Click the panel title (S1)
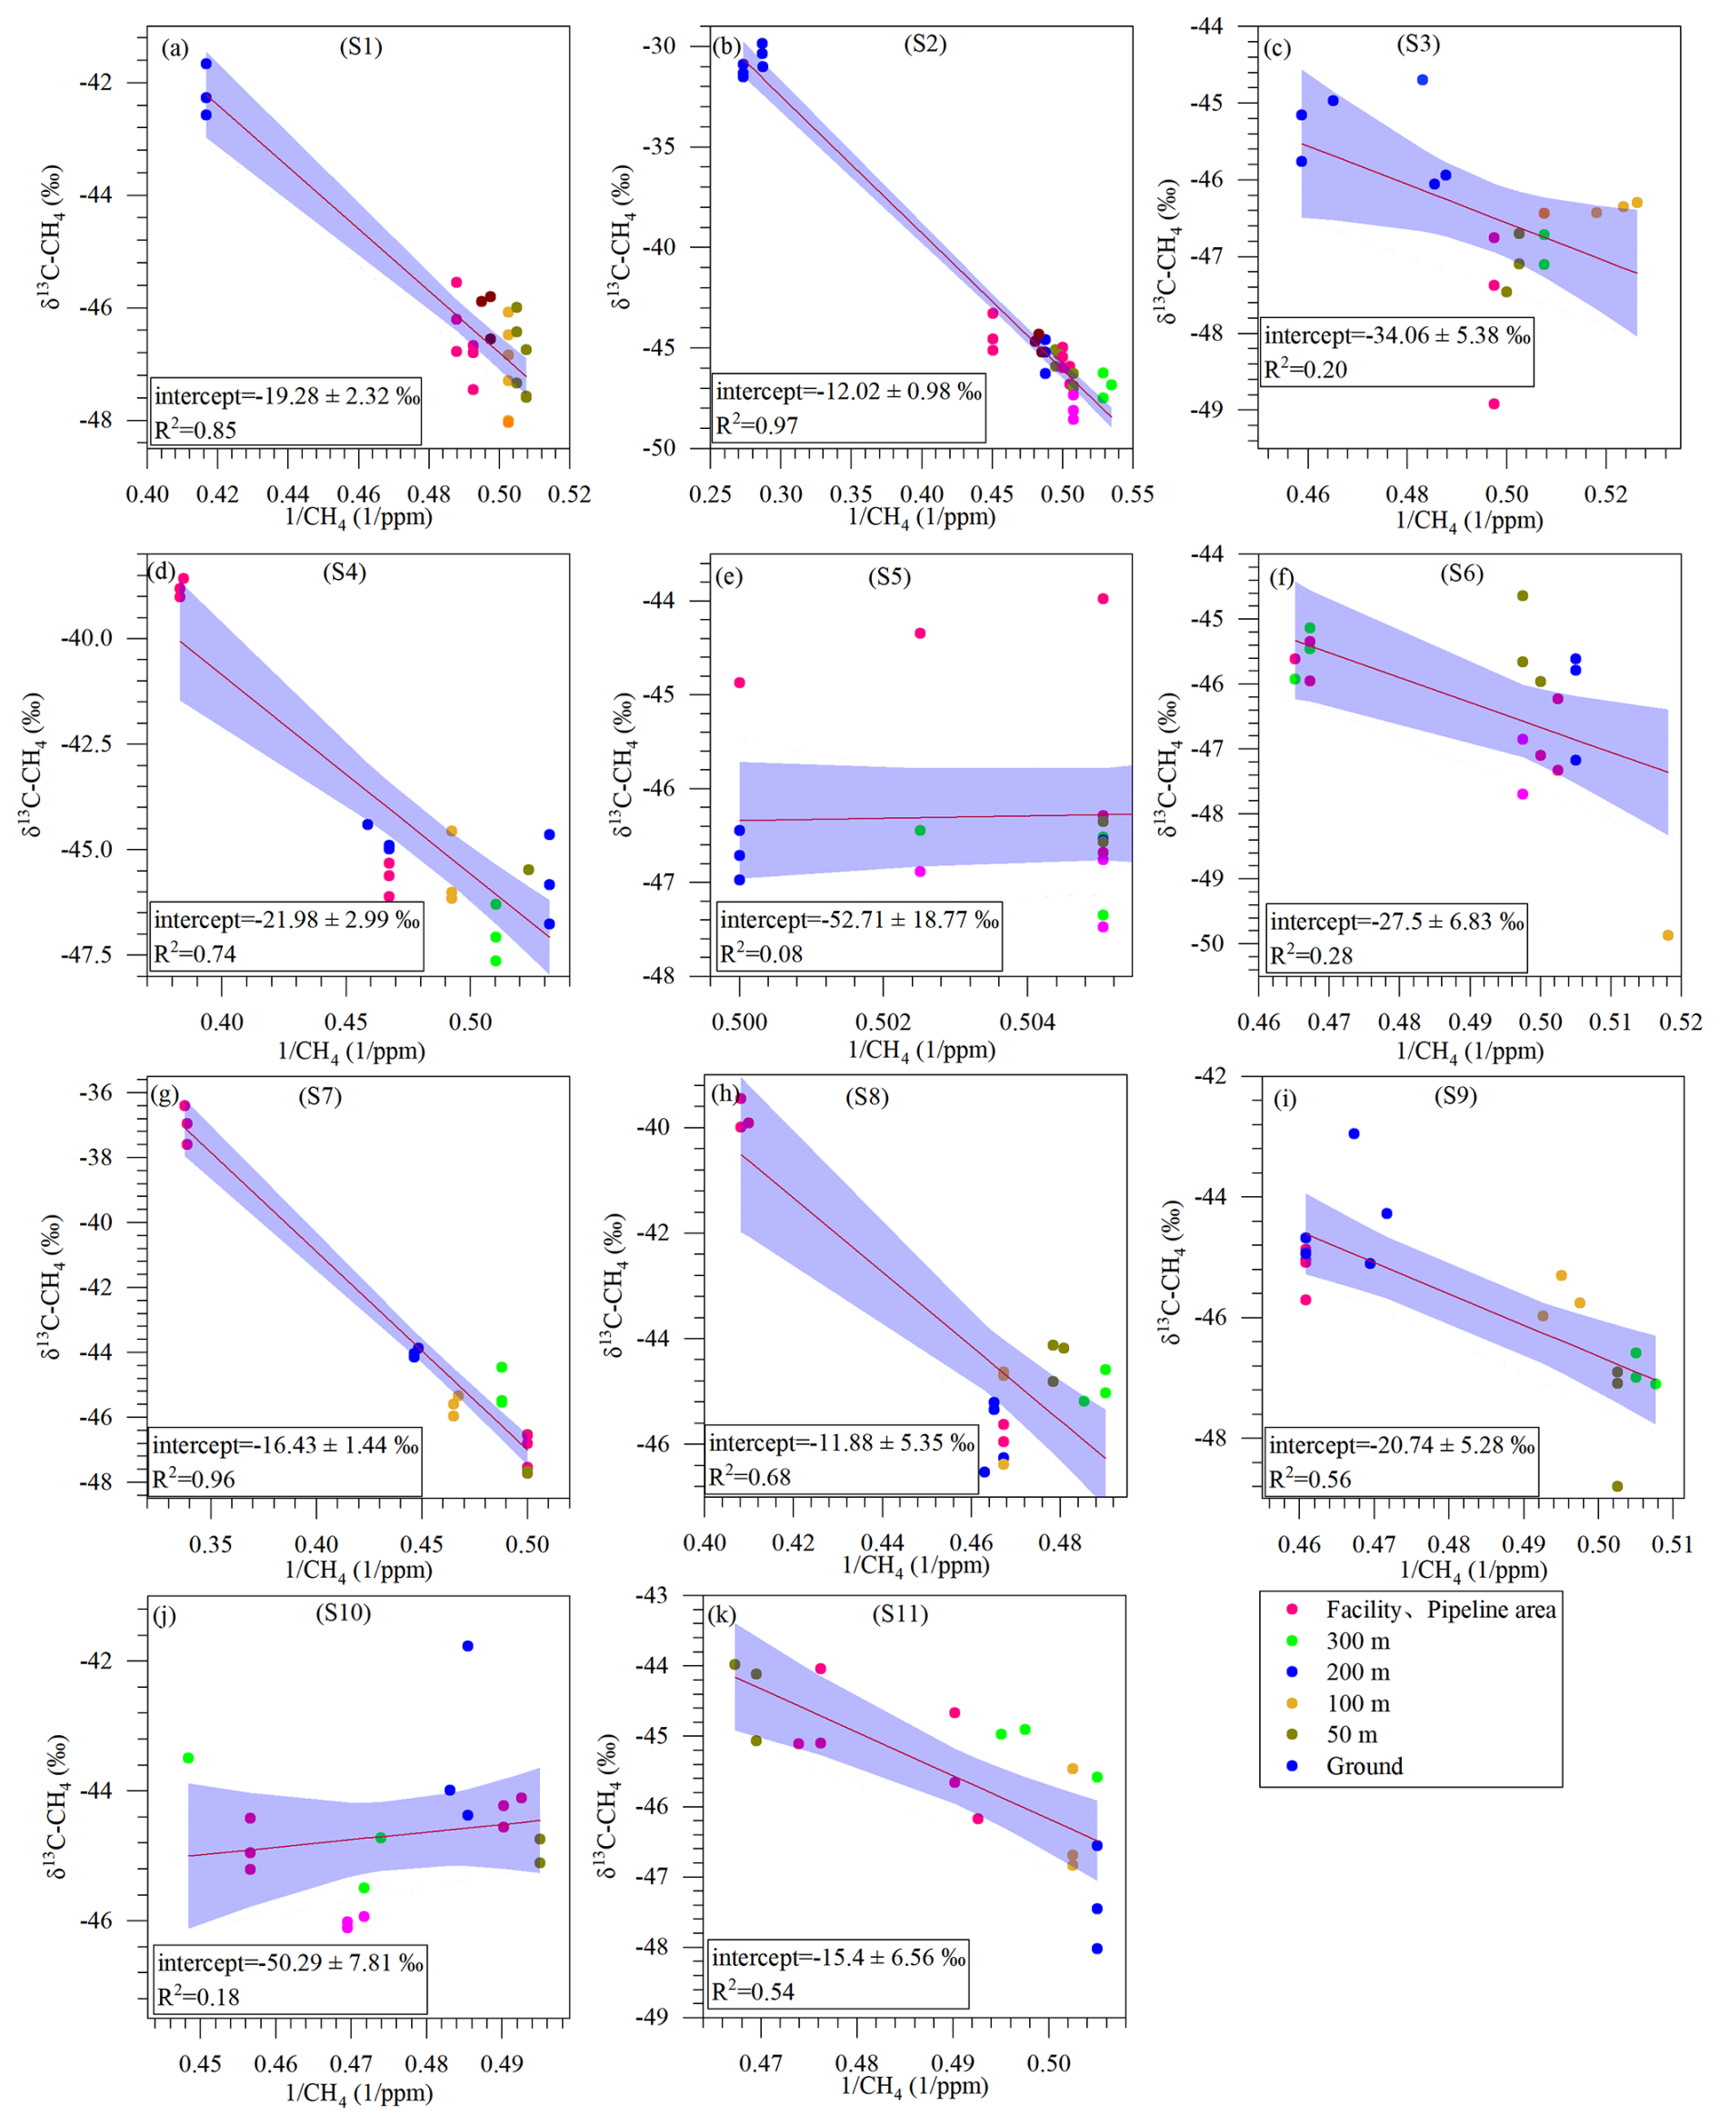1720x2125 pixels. [361, 46]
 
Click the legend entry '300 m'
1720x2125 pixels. [1357, 1641]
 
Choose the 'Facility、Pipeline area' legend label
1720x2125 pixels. [1440, 1610]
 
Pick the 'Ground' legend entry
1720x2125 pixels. [1365, 1766]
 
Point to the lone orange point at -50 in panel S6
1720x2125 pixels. [1667, 935]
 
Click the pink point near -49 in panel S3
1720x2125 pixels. [1495, 404]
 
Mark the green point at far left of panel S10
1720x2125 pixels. [188, 1759]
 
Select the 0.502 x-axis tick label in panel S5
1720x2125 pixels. [883, 1023]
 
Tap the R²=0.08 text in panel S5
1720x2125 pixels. [761, 954]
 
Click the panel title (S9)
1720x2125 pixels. [1455, 1097]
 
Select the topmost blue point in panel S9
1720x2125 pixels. [1354, 1133]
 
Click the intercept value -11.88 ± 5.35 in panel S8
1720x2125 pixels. [841, 1442]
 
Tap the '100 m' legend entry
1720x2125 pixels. [1357, 1704]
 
